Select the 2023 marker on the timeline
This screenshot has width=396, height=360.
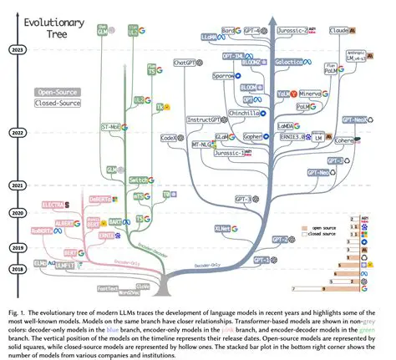point(15,49)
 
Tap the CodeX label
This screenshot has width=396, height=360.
point(168,137)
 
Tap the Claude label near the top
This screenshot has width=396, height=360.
point(339,30)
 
